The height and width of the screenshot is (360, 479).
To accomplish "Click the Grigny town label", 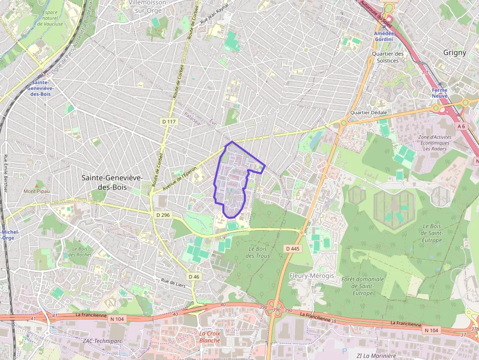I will [455, 52].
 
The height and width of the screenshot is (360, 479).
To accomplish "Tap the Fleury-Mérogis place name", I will [311, 275].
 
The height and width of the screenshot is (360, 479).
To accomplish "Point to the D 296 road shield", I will [163, 215].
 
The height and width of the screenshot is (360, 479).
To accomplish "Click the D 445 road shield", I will [292, 249].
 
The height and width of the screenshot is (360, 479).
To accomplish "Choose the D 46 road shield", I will [194, 277].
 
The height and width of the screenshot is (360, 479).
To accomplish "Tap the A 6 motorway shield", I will [461, 126].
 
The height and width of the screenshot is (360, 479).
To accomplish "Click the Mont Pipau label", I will [37, 191].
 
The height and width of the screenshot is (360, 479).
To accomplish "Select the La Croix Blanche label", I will [210, 337].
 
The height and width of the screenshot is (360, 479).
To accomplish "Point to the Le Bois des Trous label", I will [258, 253].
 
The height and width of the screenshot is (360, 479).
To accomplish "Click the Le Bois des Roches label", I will [80, 252].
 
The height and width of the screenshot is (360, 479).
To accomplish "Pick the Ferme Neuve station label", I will [439, 93].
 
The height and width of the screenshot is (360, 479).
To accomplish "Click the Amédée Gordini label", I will [384, 36].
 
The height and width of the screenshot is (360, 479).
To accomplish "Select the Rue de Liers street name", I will [173, 282].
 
